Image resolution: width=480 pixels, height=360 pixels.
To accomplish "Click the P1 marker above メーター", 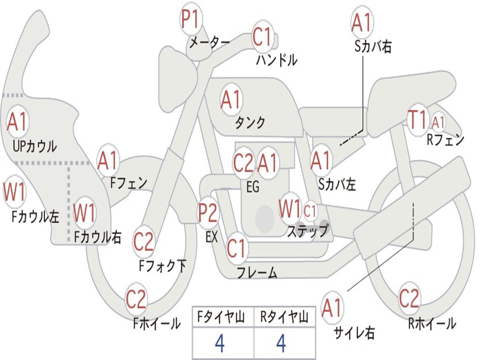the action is pyautogui.click(x=191, y=19).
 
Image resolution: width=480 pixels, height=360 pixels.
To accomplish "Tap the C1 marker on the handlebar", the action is pyautogui.click(x=262, y=37).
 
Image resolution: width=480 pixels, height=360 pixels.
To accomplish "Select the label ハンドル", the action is pyautogui.click(x=277, y=60).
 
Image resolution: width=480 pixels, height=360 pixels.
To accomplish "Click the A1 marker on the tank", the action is pyautogui.click(x=232, y=99).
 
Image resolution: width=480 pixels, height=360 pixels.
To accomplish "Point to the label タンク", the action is pyautogui.click(x=250, y=122).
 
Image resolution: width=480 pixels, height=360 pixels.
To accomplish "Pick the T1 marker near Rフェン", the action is pyautogui.click(x=418, y=120).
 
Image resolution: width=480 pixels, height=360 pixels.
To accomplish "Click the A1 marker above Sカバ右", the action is pyautogui.click(x=362, y=22).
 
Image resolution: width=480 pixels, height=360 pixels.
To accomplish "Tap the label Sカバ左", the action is pyautogui.click(x=337, y=184).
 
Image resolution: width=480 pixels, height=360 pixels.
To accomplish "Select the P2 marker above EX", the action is pyautogui.click(x=208, y=212).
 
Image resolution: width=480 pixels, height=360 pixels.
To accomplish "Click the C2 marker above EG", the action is pyautogui.click(x=243, y=163).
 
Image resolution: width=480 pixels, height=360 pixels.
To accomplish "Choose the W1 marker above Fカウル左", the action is pyautogui.click(x=14, y=192).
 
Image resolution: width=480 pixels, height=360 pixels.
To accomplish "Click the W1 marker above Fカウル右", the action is pyautogui.click(x=84, y=212).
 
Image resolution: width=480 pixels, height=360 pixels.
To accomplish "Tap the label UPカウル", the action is pyautogui.click(x=35, y=146).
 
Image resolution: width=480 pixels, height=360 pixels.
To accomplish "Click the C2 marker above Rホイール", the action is pyautogui.click(x=409, y=298).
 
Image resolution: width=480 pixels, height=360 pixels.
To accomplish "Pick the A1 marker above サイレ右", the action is pyautogui.click(x=332, y=307).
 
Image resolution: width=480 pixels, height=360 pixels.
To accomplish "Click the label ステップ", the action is pyautogui.click(x=308, y=231).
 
